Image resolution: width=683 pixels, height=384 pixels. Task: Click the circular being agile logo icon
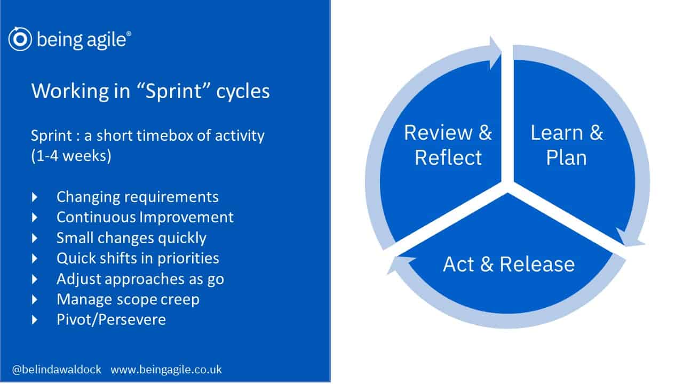click(20, 39)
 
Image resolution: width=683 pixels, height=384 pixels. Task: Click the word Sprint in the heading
click(173, 91)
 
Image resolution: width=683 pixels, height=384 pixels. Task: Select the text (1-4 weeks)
click(72, 156)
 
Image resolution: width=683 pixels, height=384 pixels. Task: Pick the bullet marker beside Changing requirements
click(35, 197)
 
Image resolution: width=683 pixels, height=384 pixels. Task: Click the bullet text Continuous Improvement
click(145, 217)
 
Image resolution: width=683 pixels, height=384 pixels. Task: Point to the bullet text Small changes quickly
click(131, 238)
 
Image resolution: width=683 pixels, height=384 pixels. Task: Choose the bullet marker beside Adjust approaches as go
click(35, 279)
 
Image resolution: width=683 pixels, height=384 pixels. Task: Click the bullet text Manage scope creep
click(128, 300)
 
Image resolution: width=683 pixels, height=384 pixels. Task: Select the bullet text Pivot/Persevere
click(112, 319)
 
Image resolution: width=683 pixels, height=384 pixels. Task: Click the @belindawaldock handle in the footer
click(57, 370)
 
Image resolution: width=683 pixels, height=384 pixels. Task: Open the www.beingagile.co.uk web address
click(166, 370)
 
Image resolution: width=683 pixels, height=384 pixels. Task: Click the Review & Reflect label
click(448, 145)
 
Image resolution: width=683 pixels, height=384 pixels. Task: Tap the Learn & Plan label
click(567, 145)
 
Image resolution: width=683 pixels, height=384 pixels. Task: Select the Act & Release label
click(509, 264)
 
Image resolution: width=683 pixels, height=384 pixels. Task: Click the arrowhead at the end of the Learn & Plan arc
click(630, 238)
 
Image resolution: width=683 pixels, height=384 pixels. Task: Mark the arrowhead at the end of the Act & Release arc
click(400, 264)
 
